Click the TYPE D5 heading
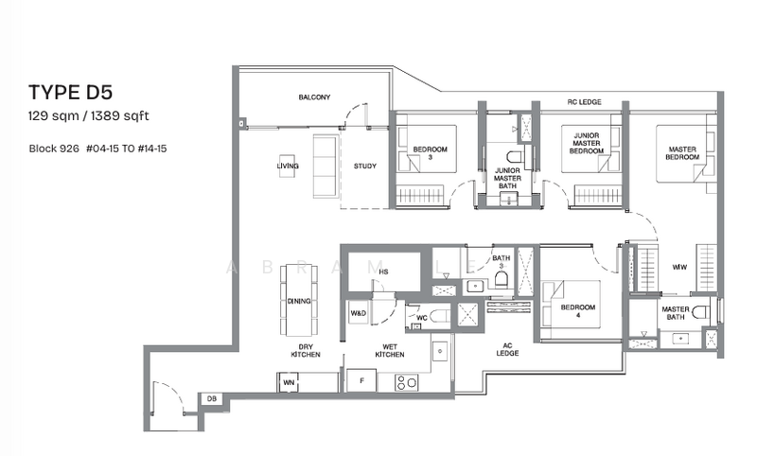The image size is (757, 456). (x=70, y=92)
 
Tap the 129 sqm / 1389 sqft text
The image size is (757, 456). (x=90, y=115)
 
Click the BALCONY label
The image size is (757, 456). (x=314, y=97)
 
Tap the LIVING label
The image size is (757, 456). (x=288, y=167)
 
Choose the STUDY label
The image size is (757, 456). (x=364, y=167)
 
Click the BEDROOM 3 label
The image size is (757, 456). (x=429, y=156)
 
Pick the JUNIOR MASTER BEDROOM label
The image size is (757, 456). (x=587, y=143)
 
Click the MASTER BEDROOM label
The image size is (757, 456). (x=681, y=153)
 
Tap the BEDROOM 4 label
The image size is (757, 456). (x=577, y=311)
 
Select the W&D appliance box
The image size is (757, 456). (x=359, y=313)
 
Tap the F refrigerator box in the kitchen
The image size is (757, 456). (x=361, y=382)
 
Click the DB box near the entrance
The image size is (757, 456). (x=212, y=399)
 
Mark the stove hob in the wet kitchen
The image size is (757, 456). (x=407, y=383)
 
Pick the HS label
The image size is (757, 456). (x=357, y=272)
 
